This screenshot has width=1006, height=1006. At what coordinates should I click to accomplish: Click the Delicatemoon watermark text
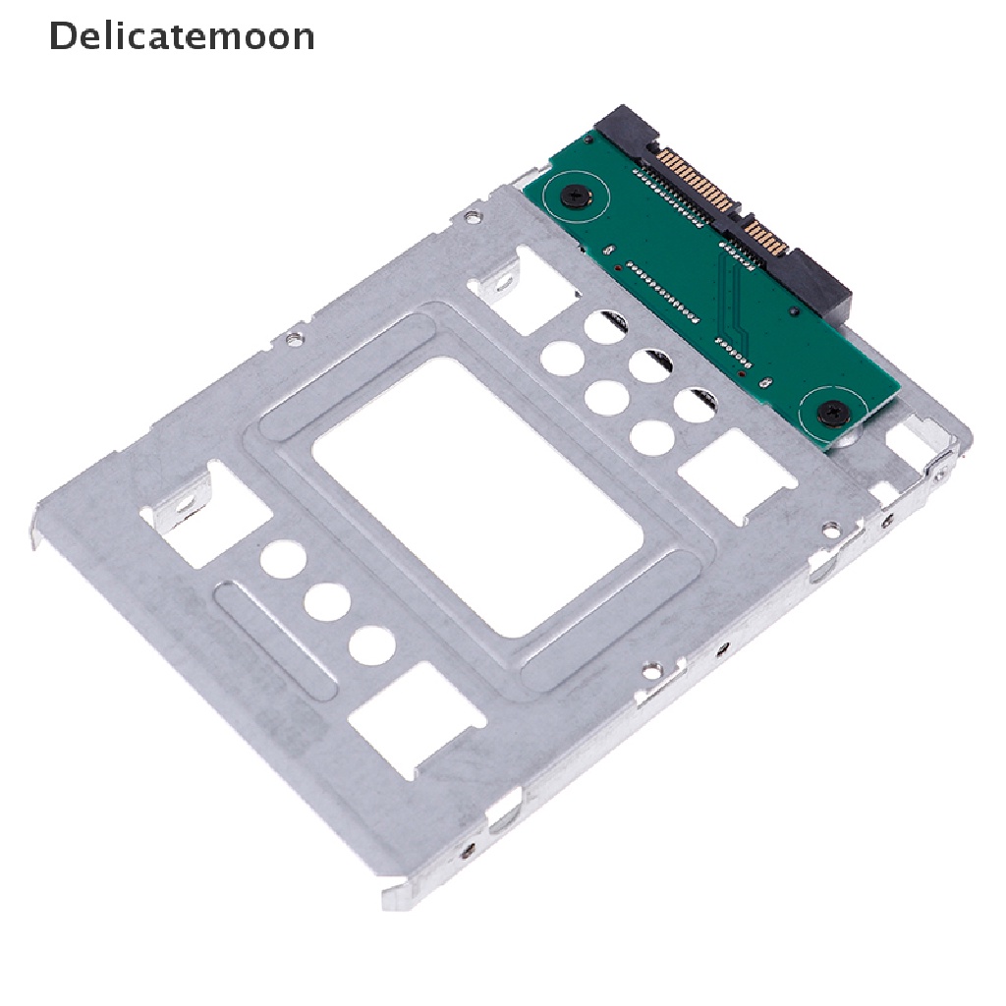pos(182,36)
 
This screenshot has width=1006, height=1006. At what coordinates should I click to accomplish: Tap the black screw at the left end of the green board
pos(576,196)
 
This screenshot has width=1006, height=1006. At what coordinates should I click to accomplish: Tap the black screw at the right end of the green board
pos(835,414)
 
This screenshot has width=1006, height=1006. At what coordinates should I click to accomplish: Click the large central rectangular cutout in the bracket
pos(477,497)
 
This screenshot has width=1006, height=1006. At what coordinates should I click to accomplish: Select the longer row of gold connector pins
pos(697,182)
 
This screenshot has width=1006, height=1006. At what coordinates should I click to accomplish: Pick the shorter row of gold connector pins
pos(767,238)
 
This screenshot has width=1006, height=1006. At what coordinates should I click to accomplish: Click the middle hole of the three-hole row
pos(327,602)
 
